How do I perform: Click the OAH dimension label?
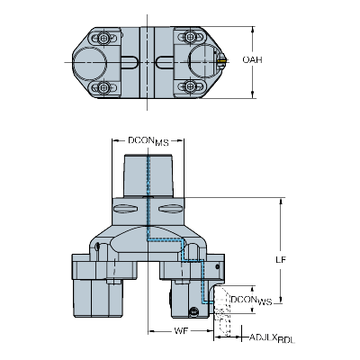252,60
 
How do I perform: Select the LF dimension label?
281,259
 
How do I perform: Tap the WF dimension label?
181,331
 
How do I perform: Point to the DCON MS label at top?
148,141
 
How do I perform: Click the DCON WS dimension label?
251,301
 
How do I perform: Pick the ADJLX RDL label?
273,338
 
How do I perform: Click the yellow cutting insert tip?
222,60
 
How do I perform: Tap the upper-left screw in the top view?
103,38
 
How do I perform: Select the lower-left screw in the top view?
103,87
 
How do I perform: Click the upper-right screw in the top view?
190,37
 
